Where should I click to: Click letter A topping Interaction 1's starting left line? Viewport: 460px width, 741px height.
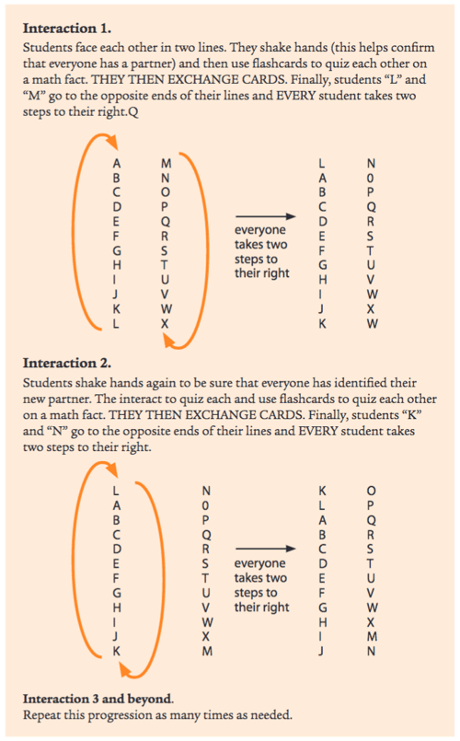click(x=116, y=162)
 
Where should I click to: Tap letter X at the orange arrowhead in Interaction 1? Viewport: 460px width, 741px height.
click(x=165, y=323)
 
